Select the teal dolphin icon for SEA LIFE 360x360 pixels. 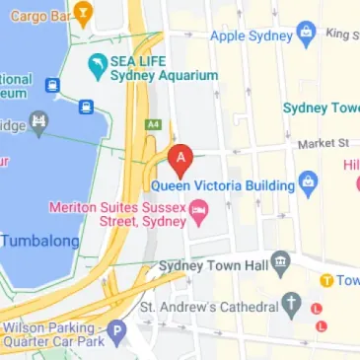(97, 68)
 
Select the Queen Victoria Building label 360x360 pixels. (222, 184)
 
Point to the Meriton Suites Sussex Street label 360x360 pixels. (119, 214)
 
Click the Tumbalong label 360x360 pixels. (38, 241)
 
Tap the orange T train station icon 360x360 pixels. (325, 280)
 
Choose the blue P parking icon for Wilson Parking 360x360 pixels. (117, 334)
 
